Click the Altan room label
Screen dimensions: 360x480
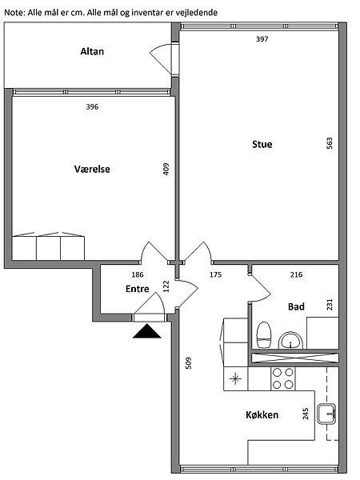[x=92, y=51]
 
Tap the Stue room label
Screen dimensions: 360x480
[x=262, y=144]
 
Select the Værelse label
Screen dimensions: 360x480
[x=92, y=169]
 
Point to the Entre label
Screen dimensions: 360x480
[x=137, y=289]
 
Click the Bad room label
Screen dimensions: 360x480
[x=296, y=306]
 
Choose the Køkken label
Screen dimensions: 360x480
[x=262, y=414]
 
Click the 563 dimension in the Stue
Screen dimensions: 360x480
[x=330, y=143]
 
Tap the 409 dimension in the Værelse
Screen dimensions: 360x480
[x=166, y=169]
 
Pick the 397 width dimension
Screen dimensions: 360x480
[x=262, y=39]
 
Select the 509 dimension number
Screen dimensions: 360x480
[x=189, y=363]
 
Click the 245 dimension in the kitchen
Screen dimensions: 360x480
[x=306, y=414]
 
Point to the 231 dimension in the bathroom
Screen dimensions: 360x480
[x=330, y=305]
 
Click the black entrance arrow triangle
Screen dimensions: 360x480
[x=147, y=333]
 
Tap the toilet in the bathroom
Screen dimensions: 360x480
[x=264, y=334]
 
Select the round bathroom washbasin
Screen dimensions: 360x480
[x=290, y=341]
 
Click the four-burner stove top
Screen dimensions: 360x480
[x=283, y=378]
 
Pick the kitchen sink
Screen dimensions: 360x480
[x=327, y=414]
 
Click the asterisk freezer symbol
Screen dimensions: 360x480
[x=235, y=378]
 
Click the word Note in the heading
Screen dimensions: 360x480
[x=14, y=13]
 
